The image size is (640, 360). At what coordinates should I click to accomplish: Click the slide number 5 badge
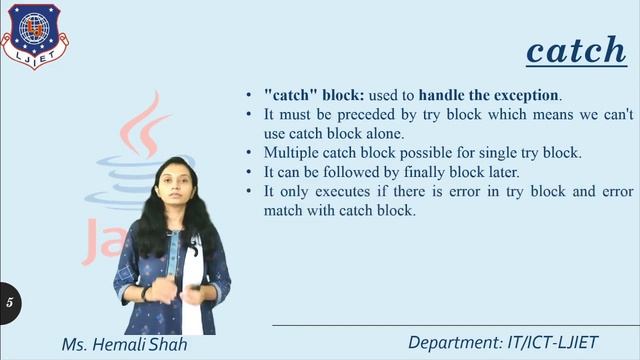click(x=10, y=301)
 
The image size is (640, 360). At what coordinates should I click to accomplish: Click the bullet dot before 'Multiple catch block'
click(x=249, y=153)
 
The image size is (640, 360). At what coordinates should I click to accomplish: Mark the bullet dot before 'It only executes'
click(x=249, y=191)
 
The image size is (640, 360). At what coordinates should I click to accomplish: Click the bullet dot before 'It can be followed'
click(x=249, y=172)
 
